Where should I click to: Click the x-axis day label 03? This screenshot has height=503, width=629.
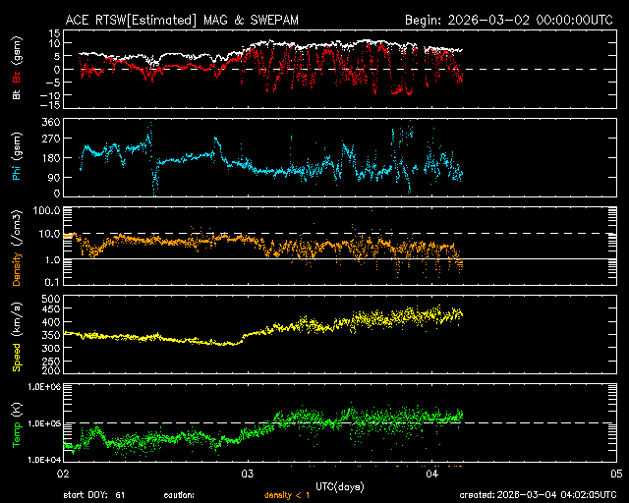248,474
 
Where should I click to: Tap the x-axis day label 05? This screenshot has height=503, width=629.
616,474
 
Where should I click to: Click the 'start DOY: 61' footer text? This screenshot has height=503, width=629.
95,495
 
